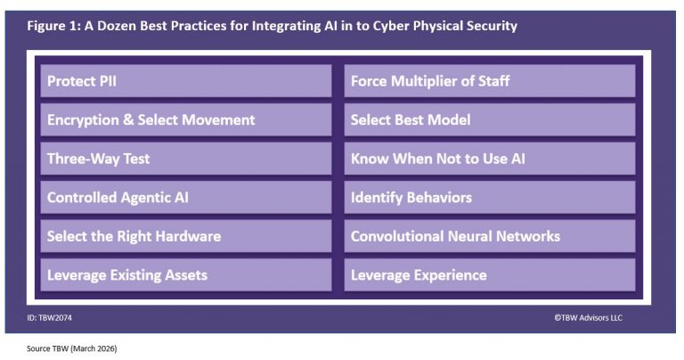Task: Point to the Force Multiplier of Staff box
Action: pyautogui.click(x=489, y=81)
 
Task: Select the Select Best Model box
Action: pyautogui.click(x=489, y=119)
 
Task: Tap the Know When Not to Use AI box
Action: pyautogui.click(x=489, y=159)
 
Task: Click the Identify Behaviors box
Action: pyautogui.click(x=489, y=197)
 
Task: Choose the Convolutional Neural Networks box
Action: pyautogui.click(x=489, y=236)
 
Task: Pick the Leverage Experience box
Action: pyautogui.click(x=489, y=274)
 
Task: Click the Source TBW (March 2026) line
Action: pyautogui.click(x=72, y=348)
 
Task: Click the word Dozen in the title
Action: pyautogui.click(x=118, y=26)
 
